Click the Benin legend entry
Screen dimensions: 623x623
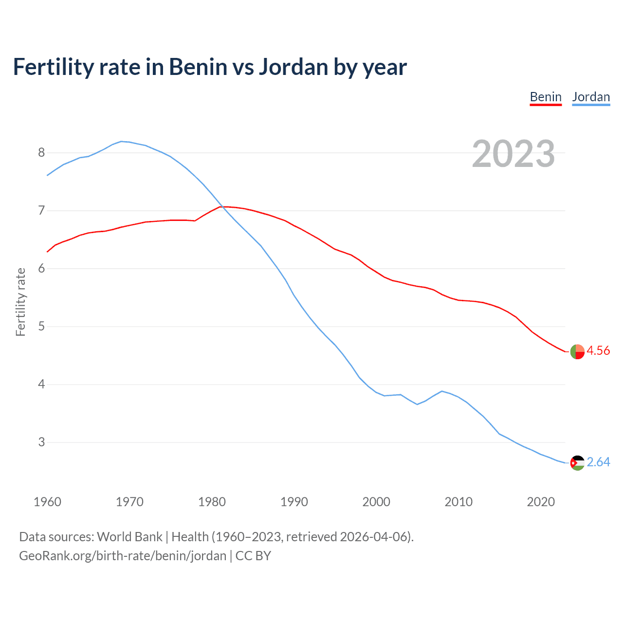pyautogui.click(x=546, y=97)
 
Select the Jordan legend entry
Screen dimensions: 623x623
pyautogui.click(x=591, y=97)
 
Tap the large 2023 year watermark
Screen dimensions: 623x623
pyautogui.click(x=513, y=154)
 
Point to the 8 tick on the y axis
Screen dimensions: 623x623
pyautogui.click(x=41, y=153)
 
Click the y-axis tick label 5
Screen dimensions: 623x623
pyautogui.click(x=41, y=326)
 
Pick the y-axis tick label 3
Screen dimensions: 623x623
pyautogui.click(x=41, y=442)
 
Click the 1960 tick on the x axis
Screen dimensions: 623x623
pyautogui.click(x=47, y=502)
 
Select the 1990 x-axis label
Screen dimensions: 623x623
pyautogui.click(x=294, y=502)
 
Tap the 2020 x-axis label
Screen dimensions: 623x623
pyautogui.click(x=541, y=502)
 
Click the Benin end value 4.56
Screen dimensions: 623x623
pyautogui.click(x=598, y=351)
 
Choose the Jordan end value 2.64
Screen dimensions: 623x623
pyautogui.click(x=598, y=462)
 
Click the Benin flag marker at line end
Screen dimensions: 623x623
pyautogui.click(x=577, y=351)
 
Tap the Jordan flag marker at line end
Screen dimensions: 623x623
pyautogui.click(x=577, y=463)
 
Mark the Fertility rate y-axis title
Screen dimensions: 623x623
pyautogui.click(x=20, y=302)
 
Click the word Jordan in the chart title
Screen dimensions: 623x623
pyautogui.click(x=293, y=67)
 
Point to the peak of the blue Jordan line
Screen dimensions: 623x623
pyautogui.click(x=121, y=141)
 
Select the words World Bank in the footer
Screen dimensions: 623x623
pyautogui.click(x=129, y=537)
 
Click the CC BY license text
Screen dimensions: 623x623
pyautogui.click(x=253, y=556)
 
